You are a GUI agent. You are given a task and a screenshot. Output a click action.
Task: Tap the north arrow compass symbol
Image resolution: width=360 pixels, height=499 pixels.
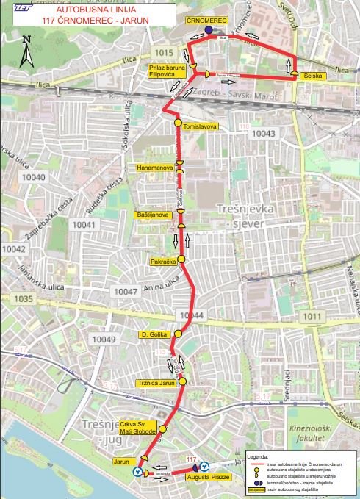[x=26, y=51]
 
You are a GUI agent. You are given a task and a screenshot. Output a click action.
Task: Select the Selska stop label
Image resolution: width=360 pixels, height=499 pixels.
[x=314, y=76]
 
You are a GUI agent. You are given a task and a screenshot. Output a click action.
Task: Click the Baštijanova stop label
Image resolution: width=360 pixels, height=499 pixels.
[x=154, y=215]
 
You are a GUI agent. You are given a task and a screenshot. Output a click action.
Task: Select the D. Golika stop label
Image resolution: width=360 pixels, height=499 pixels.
[x=155, y=334]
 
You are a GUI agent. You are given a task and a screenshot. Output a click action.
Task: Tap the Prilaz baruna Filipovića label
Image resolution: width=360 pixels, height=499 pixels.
[x=167, y=71]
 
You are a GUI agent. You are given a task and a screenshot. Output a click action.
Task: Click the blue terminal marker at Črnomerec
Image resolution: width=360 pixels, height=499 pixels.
[x=209, y=30]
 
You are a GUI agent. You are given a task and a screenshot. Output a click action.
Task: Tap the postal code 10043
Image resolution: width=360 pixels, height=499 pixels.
[x=262, y=133]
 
